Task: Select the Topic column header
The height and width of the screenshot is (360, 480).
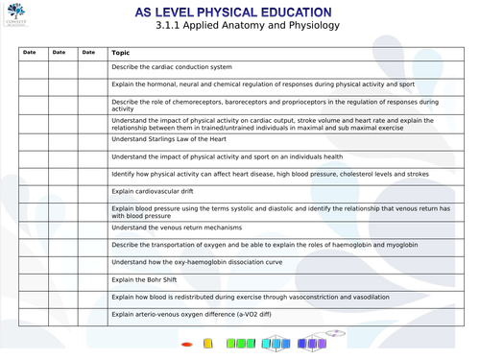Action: click(120, 53)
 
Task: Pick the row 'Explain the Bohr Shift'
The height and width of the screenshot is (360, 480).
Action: click(145, 279)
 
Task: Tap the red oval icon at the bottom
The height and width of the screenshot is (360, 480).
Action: click(187, 344)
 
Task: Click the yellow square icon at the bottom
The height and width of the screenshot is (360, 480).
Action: click(212, 344)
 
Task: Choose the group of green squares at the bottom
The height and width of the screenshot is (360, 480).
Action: click(245, 344)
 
